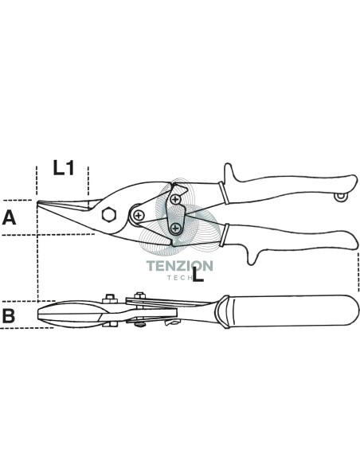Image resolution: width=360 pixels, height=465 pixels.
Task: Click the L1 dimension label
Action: tap(64, 167)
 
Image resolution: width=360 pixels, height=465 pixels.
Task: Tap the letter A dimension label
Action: tap(9, 217)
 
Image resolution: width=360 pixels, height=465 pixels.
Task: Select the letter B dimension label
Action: tap(9, 315)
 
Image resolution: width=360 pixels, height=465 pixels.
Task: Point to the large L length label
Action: tap(198, 274)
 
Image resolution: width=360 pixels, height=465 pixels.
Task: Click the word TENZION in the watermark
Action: tap(180, 265)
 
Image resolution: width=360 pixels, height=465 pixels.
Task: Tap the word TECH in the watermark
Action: tap(178, 278)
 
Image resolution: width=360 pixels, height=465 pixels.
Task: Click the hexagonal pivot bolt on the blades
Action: tap(109, 214)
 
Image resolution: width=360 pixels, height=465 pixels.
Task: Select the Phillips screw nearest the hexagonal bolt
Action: tap(138, 215)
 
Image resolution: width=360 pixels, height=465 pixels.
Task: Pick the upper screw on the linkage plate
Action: tap(176, 199)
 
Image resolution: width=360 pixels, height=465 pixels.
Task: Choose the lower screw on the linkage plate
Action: tap(176, 228)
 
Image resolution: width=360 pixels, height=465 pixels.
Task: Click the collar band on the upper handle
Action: tap(224, 193)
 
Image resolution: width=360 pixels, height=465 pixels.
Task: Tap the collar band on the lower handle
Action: tap(224, 235)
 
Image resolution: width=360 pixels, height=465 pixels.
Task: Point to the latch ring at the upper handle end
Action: tap(341, 197)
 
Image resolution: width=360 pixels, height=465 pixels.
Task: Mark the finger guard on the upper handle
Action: tap(229, 173)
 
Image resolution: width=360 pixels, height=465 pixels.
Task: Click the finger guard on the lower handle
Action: tap(252, 256)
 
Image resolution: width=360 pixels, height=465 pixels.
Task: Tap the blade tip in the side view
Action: tap(38, 202)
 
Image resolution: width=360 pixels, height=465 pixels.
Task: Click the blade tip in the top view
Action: tap(38, 314)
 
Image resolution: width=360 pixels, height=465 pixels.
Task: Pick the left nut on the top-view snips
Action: tap(110, 299)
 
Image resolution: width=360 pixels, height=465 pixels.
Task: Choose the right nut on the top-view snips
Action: tap(139, 295)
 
